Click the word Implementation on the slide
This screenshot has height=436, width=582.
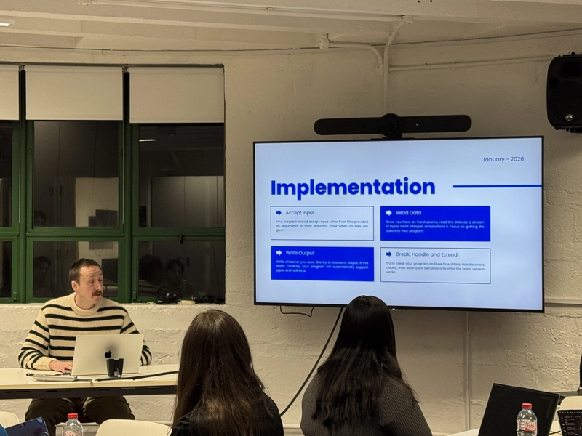pos(353,187)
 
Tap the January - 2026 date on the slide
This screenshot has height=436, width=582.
pos(503,159)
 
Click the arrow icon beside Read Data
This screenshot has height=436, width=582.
pos(388,213)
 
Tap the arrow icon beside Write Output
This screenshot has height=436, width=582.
pos(279,253)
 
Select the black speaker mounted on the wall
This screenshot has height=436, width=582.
pos(565,91)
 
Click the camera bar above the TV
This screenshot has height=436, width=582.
pos(393,124)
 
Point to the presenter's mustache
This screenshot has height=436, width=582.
pos(97,292)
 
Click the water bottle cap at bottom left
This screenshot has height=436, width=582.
pos(72,417)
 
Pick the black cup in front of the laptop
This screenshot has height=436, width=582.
pos(115,367)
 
